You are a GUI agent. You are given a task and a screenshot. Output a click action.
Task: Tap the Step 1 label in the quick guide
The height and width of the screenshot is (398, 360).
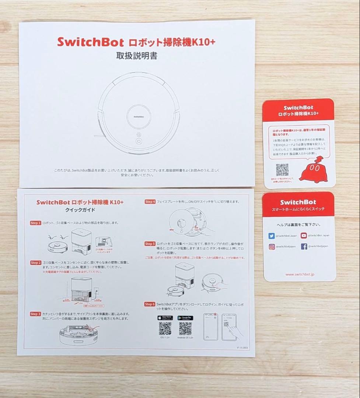click(35, 223)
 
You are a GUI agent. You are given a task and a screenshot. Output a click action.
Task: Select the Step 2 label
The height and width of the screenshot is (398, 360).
click(35, 263)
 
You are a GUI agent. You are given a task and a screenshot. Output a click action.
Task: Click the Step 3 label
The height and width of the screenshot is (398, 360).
click(35, 314)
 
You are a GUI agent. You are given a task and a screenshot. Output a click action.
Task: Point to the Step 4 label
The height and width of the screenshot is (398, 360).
click(150, 202)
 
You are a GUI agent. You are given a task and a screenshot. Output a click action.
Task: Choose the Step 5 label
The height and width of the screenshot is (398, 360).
click(150, 244)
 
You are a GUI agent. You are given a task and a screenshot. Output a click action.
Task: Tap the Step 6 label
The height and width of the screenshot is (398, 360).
click(150, 304)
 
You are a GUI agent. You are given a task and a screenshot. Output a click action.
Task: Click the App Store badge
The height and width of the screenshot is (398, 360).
click(165, 318)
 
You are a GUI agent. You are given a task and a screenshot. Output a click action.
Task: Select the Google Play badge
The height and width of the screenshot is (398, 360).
click(185, 318)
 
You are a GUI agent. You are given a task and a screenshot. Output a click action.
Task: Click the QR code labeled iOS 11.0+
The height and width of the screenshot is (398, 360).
click(165, 328)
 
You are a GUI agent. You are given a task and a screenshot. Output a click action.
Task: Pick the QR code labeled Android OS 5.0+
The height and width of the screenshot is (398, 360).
click(185, 328)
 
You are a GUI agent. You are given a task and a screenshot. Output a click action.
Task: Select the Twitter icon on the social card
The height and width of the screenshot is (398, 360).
click(272, 235)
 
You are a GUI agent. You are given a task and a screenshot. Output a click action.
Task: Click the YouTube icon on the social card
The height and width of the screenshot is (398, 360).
click(304, 235)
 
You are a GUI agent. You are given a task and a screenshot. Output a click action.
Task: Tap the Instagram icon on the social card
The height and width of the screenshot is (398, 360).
click(272, 247)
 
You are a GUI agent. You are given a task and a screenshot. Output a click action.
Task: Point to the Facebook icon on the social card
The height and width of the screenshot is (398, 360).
click(304, 247)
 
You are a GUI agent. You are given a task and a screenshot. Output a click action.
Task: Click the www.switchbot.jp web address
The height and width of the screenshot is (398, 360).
click(300, 275)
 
